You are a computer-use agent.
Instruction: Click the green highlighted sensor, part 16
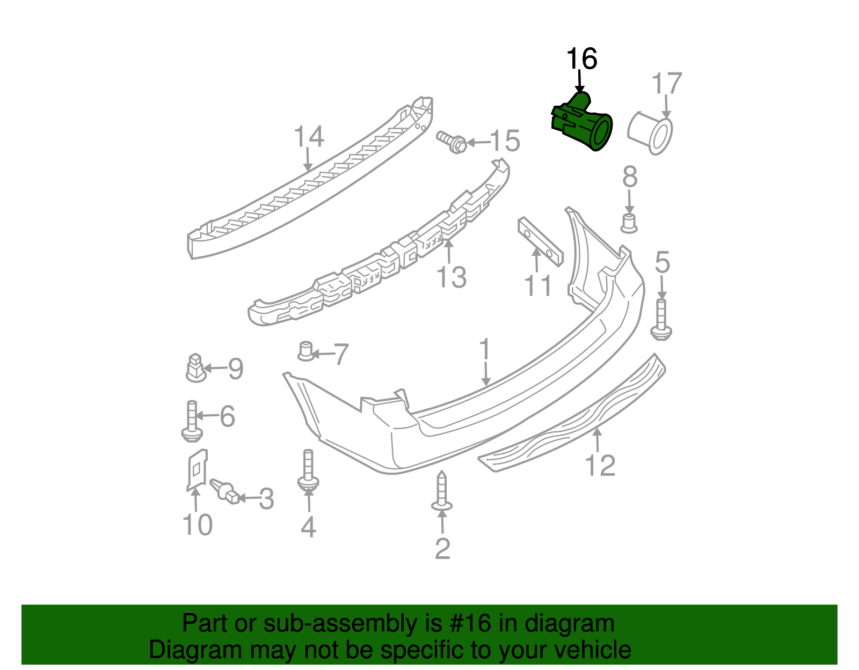[x=583, y=124]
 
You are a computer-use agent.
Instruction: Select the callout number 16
[x=581, y=59]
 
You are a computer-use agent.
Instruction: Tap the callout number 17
[x=666, y=84]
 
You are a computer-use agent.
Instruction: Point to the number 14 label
[x=309, y=137]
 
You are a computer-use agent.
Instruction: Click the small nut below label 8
[x=629, y=223]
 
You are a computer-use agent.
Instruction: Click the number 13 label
[x=451, y=277]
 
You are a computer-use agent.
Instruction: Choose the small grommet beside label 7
[x=306, y=352]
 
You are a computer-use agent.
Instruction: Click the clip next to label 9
[x=196, y=368]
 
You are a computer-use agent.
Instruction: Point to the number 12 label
[x=600, y=465]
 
